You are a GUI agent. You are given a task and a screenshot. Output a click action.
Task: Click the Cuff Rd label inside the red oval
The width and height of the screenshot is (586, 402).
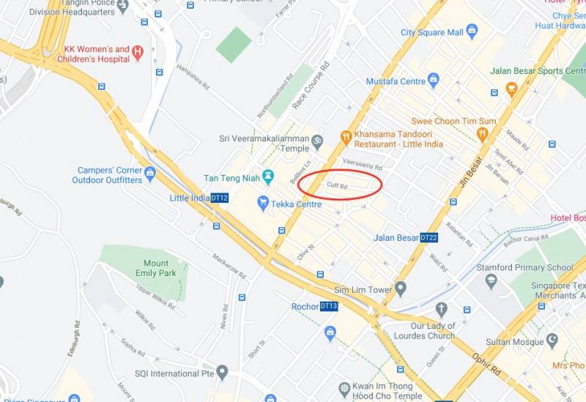[x=338, y=187]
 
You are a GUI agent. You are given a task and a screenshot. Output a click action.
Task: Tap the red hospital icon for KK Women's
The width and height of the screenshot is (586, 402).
[x=137, y=52]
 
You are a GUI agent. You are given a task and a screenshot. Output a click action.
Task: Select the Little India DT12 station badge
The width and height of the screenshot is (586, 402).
[x=220, y=198]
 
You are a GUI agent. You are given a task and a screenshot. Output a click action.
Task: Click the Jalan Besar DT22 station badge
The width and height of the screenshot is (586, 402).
[x=429, y=237]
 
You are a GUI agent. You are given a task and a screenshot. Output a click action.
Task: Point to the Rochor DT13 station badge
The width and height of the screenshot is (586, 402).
[x=329, y=306]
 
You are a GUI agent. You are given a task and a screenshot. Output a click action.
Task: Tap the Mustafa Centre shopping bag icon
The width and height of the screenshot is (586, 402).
[x=433, y=78]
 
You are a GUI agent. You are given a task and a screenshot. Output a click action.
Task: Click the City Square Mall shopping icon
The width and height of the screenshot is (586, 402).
[x=472, y=31]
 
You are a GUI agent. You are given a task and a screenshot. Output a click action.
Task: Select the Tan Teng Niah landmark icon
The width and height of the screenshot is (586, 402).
[x=268, y=176]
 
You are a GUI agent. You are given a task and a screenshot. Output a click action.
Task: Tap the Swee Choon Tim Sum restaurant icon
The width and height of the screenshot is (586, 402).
[x=482, y=134]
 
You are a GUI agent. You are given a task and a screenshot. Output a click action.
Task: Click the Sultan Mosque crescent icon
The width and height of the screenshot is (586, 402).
[x=552, y=341]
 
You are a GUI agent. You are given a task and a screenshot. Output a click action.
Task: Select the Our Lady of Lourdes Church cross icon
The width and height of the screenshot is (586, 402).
[x=441, y=310]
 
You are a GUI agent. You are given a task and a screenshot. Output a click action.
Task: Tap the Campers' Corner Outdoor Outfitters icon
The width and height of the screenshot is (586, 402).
[x=150, y=174]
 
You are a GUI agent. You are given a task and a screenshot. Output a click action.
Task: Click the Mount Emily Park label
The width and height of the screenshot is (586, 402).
[x=156, y=268]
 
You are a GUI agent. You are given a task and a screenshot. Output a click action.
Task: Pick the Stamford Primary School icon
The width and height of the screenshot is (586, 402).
[x=491, y=280]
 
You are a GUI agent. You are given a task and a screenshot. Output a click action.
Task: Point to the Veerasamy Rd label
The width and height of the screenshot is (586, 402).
[x=363, y=166]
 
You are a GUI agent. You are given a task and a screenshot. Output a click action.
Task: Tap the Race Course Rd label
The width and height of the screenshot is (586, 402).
[x=311, y=86]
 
